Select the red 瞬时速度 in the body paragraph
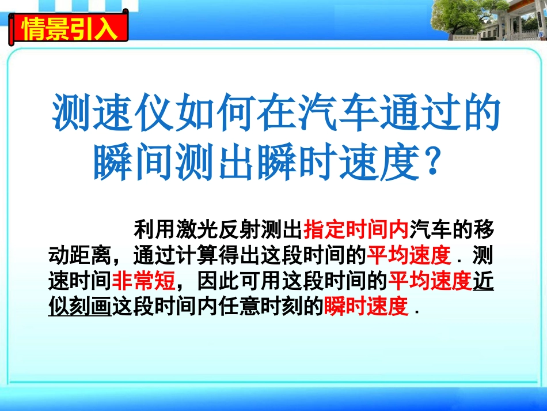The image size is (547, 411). coord(366,306)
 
